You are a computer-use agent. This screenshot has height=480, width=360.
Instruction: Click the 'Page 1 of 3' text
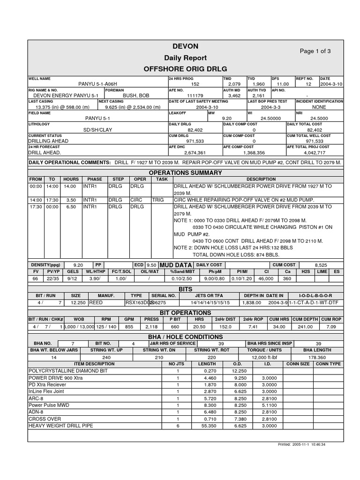click(315, 52)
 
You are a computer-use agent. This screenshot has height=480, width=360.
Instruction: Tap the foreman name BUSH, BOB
click(136, 96)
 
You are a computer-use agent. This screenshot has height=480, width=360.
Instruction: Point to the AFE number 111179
click(195, 96)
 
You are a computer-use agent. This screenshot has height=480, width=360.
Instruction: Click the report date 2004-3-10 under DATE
click(331, 84)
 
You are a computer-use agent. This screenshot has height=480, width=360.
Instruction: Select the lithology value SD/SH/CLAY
click(97, 130)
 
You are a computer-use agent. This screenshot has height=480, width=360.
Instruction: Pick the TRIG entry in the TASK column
click(158, 199)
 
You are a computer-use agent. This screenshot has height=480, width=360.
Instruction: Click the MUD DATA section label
click(176, 265)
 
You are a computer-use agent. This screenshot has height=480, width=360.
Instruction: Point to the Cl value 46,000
click(266, 278)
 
